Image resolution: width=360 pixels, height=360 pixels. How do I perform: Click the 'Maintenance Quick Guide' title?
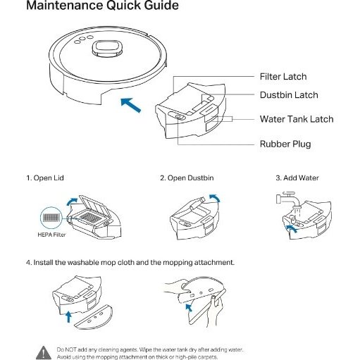102,5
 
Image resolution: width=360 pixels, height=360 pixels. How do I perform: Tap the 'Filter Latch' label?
283,77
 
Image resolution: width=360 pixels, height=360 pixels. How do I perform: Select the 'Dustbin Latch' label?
289,95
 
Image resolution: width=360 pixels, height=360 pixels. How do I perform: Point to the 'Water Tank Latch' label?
297,119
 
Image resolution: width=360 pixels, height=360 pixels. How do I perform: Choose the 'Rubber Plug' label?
285,144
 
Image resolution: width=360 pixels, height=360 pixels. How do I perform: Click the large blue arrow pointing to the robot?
130,105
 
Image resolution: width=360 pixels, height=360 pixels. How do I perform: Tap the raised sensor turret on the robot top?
107,49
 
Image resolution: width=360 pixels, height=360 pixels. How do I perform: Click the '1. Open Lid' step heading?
45,178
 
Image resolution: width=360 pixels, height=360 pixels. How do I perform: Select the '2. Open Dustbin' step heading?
187,178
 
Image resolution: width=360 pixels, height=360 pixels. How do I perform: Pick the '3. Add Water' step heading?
297,178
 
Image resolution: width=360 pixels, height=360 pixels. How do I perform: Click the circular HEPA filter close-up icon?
51,218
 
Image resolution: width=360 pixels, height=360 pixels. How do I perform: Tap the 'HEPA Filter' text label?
51,235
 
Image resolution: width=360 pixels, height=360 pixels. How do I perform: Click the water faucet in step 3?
288,199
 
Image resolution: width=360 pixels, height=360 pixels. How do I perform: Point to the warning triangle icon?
44,352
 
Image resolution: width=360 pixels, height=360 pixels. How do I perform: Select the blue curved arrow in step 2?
216,197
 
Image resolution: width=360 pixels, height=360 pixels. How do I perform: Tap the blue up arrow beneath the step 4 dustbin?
68,317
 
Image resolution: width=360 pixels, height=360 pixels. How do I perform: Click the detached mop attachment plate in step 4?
94,317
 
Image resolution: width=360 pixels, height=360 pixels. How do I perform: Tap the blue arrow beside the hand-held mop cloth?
189,307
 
